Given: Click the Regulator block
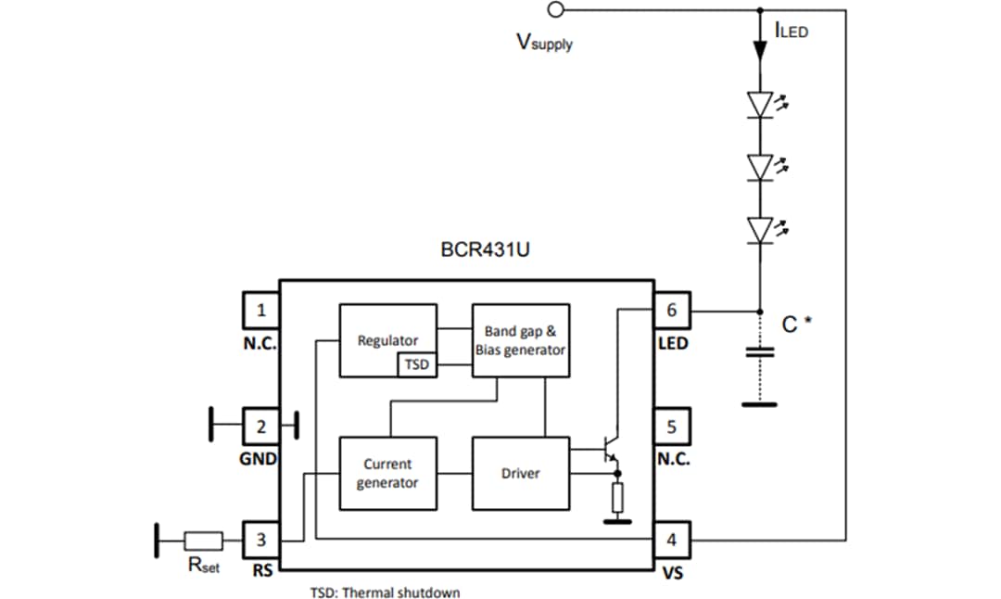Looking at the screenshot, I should coord(387,339).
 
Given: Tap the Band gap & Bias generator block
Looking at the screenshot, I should coord(520,339).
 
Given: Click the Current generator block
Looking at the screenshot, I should coord(387,473).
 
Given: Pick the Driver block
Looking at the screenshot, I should coord(520,473).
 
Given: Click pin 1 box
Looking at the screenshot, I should coord(261,311).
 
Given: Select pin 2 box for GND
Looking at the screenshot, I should coord(261,427).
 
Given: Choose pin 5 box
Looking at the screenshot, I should coord(672,427).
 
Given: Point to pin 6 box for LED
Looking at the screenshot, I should coord(672,311).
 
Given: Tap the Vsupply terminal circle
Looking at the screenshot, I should coord(556,10).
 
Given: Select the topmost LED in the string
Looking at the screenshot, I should coord(760,105).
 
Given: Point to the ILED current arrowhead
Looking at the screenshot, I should coord(760,50).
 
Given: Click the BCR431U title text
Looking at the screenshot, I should coord(485,250).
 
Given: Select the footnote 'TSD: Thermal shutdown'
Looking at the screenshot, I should coord(384,592).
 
